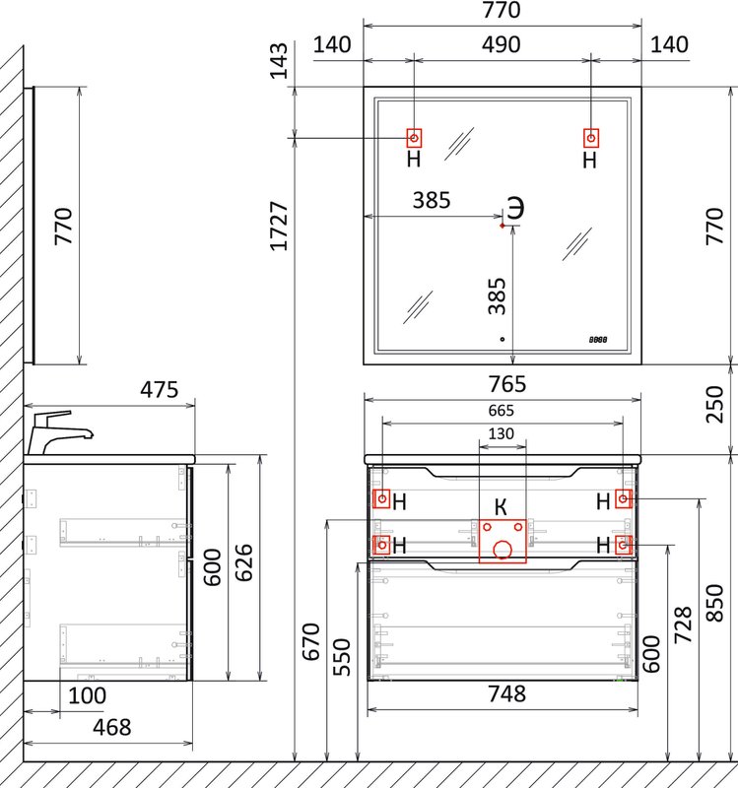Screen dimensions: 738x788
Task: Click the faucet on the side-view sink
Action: (x=59, y=432)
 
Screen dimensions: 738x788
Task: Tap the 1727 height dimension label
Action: (x=279, y=226)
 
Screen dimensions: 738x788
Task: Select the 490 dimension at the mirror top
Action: (x=502, y=44)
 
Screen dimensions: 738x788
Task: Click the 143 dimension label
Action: (x=279, y=61)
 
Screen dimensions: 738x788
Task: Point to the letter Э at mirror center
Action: (x=515, y=208)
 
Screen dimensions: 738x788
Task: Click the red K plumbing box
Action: (x=503, y=541)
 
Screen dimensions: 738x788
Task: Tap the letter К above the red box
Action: (x=501, y=507)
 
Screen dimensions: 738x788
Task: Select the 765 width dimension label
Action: (x=507, y=384)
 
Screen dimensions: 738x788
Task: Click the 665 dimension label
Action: (x=502, y=411)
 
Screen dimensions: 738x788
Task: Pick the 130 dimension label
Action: (x=502, y=433)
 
